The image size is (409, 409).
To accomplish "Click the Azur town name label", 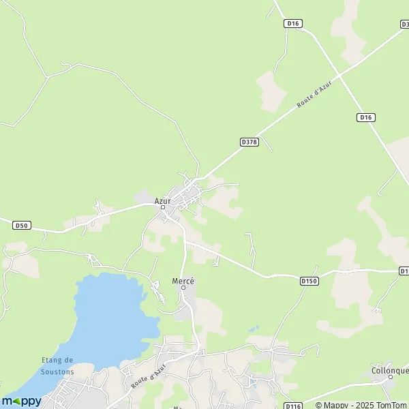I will [162, 200].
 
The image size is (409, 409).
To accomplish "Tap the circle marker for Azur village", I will [163, 207].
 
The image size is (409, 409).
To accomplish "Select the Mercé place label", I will [183, 281].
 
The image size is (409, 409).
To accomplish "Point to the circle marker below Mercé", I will [183, 288].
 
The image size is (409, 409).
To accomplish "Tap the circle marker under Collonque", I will [391, 376].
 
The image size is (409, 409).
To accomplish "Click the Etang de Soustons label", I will [57, 365].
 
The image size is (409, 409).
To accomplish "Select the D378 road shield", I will [249, 142].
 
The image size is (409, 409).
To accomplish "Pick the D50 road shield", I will [22, 225].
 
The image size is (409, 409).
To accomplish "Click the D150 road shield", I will [309, 279].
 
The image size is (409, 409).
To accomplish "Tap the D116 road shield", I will [292, 406].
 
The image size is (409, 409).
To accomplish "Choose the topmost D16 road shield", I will [293, 23].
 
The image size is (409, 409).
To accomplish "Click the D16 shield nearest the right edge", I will [366, 117].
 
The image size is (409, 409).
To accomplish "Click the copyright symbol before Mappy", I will [318, 405].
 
